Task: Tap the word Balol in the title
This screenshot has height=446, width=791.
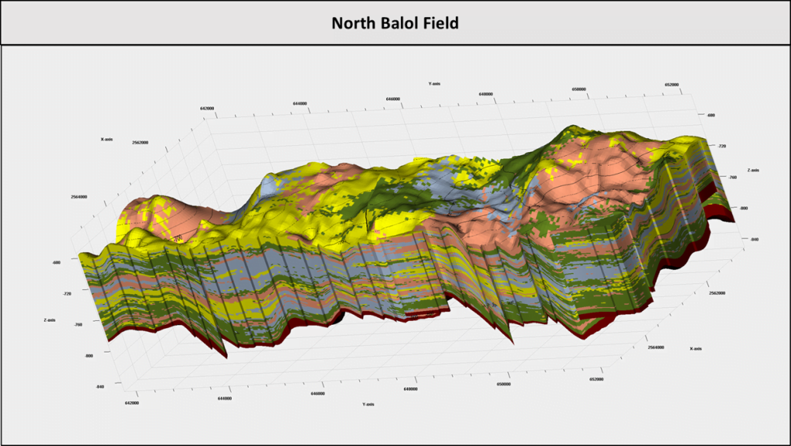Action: [x=401, y=23]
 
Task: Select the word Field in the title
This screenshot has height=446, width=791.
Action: [x=441, y=23]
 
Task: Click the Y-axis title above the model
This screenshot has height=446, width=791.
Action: [x=434, y=83]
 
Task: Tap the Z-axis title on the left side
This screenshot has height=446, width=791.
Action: [x=50, y=319]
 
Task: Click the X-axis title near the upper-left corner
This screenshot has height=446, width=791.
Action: [x=107, y=140]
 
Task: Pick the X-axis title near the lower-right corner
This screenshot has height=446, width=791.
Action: [x=697, y=349]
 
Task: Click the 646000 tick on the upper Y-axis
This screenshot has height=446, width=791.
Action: [x=393, y=99]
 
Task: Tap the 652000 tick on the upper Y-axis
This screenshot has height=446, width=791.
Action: [x=670, y=85]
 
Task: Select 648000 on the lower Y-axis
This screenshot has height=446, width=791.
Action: [x=411, y=389]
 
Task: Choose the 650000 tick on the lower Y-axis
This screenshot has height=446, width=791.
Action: [x=504, y=384]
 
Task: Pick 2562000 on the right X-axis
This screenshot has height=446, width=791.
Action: [x=717, y=293]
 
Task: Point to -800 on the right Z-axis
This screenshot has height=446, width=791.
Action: [x=742, y=208]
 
